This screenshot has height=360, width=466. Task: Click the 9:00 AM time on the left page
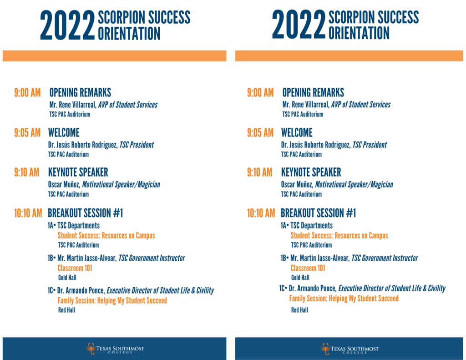27,93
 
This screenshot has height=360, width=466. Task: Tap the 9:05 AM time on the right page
260,133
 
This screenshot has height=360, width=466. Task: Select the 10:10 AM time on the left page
28,213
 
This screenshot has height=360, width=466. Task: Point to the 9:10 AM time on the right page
260,172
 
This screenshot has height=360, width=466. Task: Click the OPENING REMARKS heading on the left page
80,93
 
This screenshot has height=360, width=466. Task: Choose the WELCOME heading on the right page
297,133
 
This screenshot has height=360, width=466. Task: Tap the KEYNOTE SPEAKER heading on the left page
78,172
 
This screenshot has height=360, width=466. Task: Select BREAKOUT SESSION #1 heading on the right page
318,213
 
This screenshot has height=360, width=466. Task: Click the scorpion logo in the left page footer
91,349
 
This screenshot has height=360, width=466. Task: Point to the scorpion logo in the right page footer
324,349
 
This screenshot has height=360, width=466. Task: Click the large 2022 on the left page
67,26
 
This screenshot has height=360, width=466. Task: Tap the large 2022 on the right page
299,26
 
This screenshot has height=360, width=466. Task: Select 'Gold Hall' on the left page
67,278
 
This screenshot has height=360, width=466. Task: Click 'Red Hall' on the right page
299,310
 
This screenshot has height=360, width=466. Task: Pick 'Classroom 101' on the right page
308,268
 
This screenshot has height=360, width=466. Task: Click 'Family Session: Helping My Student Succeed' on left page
112,300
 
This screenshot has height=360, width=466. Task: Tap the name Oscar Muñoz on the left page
63,185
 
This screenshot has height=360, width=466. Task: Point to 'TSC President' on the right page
370,145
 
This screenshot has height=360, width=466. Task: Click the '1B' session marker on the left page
51,259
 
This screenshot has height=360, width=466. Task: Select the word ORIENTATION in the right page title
359,33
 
